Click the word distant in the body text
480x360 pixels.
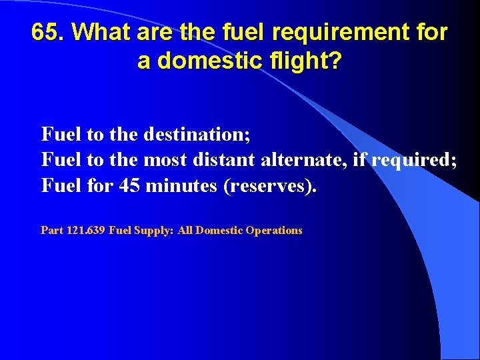coord(225,160)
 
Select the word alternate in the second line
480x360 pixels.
coord(302,160)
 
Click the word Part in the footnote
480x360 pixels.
coord(52,231)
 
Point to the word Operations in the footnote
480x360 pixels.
coord(274,231)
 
